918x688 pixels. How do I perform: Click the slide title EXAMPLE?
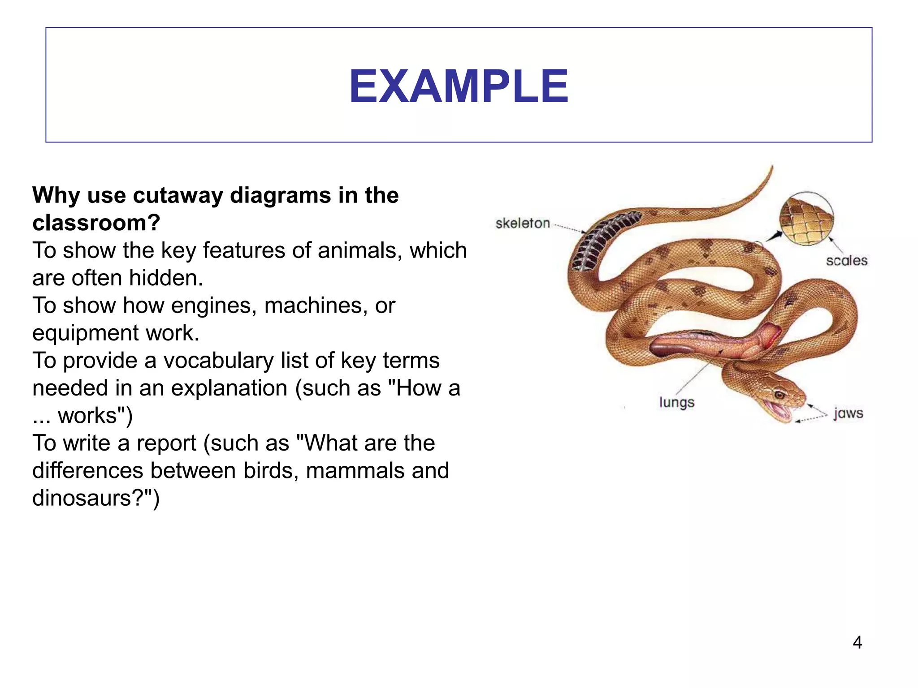point(458,86)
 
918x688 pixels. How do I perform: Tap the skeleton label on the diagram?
point(522,223)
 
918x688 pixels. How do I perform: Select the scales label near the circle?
point(846,260)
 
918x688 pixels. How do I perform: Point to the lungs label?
point(676,402)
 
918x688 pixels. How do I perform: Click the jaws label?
point(848,413)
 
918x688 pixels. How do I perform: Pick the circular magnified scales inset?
point(806,219)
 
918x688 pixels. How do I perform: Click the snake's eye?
point(779,395)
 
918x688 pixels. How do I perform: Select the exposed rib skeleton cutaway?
point(601,242)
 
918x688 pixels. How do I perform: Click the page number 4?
point(857,642)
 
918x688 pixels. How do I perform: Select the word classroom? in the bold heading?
point(96,223)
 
